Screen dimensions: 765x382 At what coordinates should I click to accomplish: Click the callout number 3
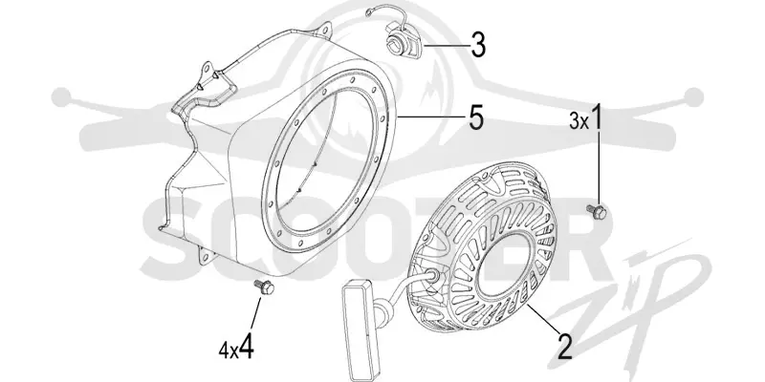coord(478,45)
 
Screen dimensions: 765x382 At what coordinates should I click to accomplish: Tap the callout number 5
coord(476,117)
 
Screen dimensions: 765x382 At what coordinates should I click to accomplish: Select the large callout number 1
coord(596,117)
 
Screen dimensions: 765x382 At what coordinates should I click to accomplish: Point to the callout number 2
coord(564,348)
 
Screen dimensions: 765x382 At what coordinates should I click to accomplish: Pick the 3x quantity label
coord(579,121)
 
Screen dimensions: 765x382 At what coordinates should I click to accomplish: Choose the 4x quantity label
coord(229,350)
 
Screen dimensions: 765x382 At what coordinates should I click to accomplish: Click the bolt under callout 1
coord(597,211)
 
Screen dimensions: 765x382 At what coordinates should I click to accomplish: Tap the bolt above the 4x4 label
coord(265,286)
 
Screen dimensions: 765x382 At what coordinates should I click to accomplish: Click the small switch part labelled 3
coord(403,40)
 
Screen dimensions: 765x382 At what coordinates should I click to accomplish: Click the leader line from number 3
coord(445,45)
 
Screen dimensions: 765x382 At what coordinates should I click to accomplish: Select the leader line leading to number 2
coord(542,319)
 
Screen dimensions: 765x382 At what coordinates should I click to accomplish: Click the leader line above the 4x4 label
coord(255,312)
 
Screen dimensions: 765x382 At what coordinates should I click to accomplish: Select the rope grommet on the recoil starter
coord(430,276)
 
